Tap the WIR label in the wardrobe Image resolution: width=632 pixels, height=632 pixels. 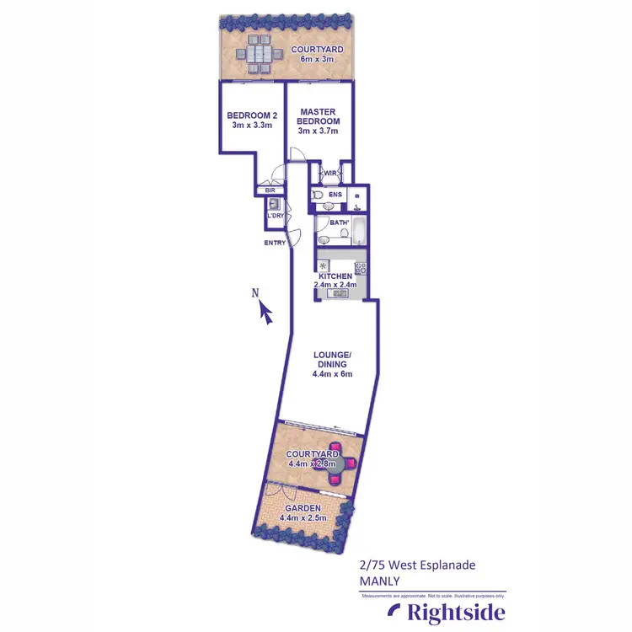pos(330,174)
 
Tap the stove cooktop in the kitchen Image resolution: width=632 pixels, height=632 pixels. pos(361,269)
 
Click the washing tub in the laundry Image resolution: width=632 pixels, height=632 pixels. pos(273,203)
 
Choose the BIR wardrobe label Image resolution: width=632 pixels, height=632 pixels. pos(270,190)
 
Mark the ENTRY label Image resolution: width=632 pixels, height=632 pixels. pos(275,243)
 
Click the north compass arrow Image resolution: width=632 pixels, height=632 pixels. pos(266,313)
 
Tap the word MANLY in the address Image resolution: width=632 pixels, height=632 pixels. pos(382,581)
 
